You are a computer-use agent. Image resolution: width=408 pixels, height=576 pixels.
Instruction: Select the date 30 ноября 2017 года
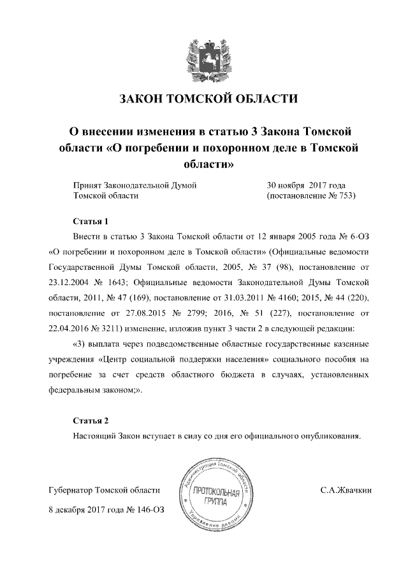pyautogui.click(x=306, y=185)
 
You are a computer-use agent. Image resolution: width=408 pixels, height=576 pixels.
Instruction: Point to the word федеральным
pyautogui.click(x=75, y=391)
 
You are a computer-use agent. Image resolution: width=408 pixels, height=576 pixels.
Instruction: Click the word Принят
pyautogui.click(x=87, y=185)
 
